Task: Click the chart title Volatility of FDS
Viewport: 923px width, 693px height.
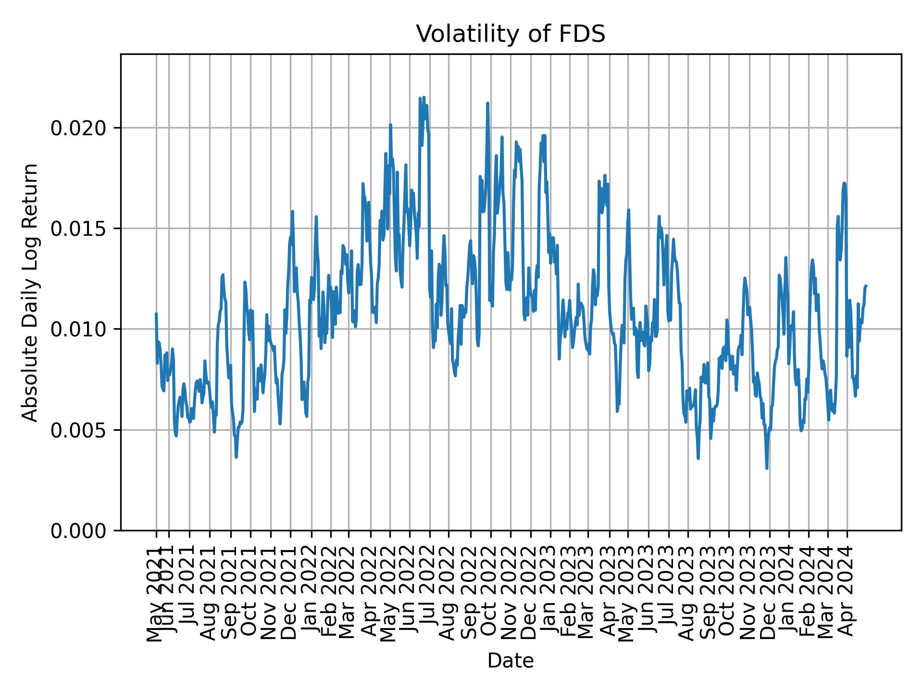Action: [x=511, y=34]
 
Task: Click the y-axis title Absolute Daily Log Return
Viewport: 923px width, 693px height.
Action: [x=31, y=292]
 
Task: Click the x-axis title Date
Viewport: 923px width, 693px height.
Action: [x=511, y=661]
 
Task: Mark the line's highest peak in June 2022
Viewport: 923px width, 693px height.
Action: [x=424, y=98]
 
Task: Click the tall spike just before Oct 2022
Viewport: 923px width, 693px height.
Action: [x=487, y=103]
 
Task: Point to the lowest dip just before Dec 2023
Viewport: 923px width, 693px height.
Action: [x=767, y=468]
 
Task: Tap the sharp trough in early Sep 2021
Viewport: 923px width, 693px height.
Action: [x=236, y=457]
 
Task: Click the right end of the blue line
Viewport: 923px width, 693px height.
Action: [x=866, y=286]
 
